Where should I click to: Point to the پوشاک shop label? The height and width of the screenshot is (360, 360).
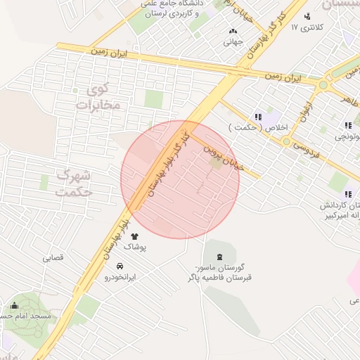[134, 247]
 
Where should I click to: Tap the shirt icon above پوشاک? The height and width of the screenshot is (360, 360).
[134, 236]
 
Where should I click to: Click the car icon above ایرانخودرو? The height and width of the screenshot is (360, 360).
[120, 266]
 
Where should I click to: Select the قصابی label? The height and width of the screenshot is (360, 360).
[53, 257]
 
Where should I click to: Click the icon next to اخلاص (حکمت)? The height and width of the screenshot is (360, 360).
[257, 117]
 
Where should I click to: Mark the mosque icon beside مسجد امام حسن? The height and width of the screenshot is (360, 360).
[15, 306]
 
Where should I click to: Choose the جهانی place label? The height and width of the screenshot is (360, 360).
[233, 41]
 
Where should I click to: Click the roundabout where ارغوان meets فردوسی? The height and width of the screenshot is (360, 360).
[286, 141]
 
